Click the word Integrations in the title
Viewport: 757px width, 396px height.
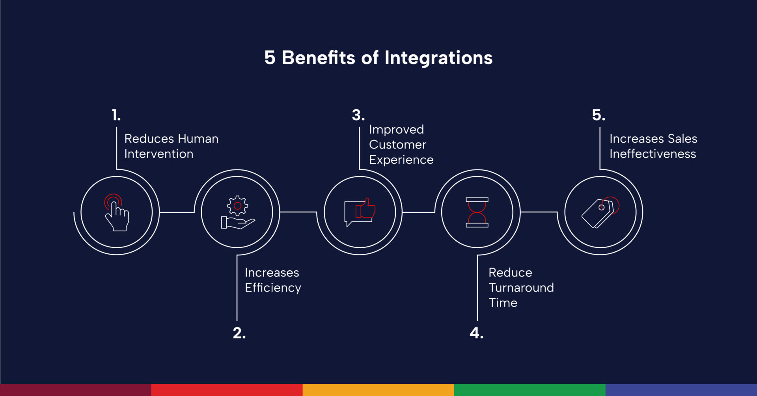(x=438, y=58)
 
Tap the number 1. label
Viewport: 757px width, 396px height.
(x=116, y=115)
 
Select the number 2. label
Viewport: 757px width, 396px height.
(x=239, y=333)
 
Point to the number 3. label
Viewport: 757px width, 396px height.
(x=358, y=115)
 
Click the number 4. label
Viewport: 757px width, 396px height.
(x=476, y=333)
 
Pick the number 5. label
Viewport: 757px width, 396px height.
(x=599, y=115)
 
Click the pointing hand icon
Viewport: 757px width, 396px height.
(x=117, y=212)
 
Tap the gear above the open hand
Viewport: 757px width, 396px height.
(x=237, y=206)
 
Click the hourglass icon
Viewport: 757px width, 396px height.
(x=477, y=212)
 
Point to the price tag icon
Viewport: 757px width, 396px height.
(x=600, y=212)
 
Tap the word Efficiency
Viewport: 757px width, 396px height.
(x=273, y=288)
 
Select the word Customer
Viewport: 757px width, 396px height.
(x=397, y=145)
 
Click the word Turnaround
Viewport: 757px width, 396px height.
(x=521, y=288)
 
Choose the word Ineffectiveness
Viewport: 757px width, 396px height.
(x=653, y=154)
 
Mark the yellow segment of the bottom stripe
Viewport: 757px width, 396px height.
(x=378, y=390)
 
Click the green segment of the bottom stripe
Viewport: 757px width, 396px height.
(x=530, y=390)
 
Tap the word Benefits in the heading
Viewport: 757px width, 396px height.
(x=319, y=58)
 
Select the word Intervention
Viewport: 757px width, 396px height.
(x=159, y=154)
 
